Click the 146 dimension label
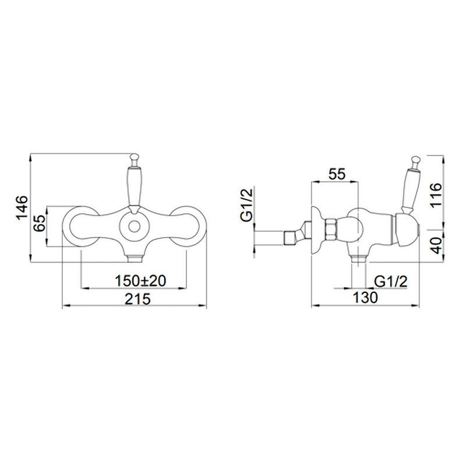[22, 208]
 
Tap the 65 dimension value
[40, 223]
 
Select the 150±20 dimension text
[140, 281]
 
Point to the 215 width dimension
[137, 299]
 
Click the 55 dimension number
[337, 174]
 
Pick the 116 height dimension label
[436, 195]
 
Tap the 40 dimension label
[436, 245]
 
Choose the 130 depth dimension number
[365, 297]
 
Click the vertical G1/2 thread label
[247, 204]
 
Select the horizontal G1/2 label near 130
[390, 281]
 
